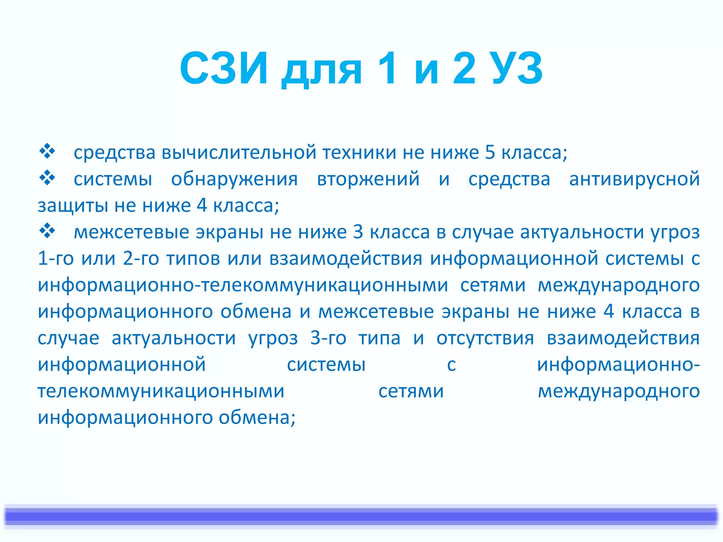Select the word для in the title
322,71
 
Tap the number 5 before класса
490,152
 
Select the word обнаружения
234,179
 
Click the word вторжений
368,179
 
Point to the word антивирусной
634,179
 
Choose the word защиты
72,206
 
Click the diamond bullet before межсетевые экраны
47,232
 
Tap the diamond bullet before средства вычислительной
47,152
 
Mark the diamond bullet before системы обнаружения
47,178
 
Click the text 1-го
55,259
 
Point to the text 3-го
328,338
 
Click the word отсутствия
485,338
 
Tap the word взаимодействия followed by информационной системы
346,259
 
